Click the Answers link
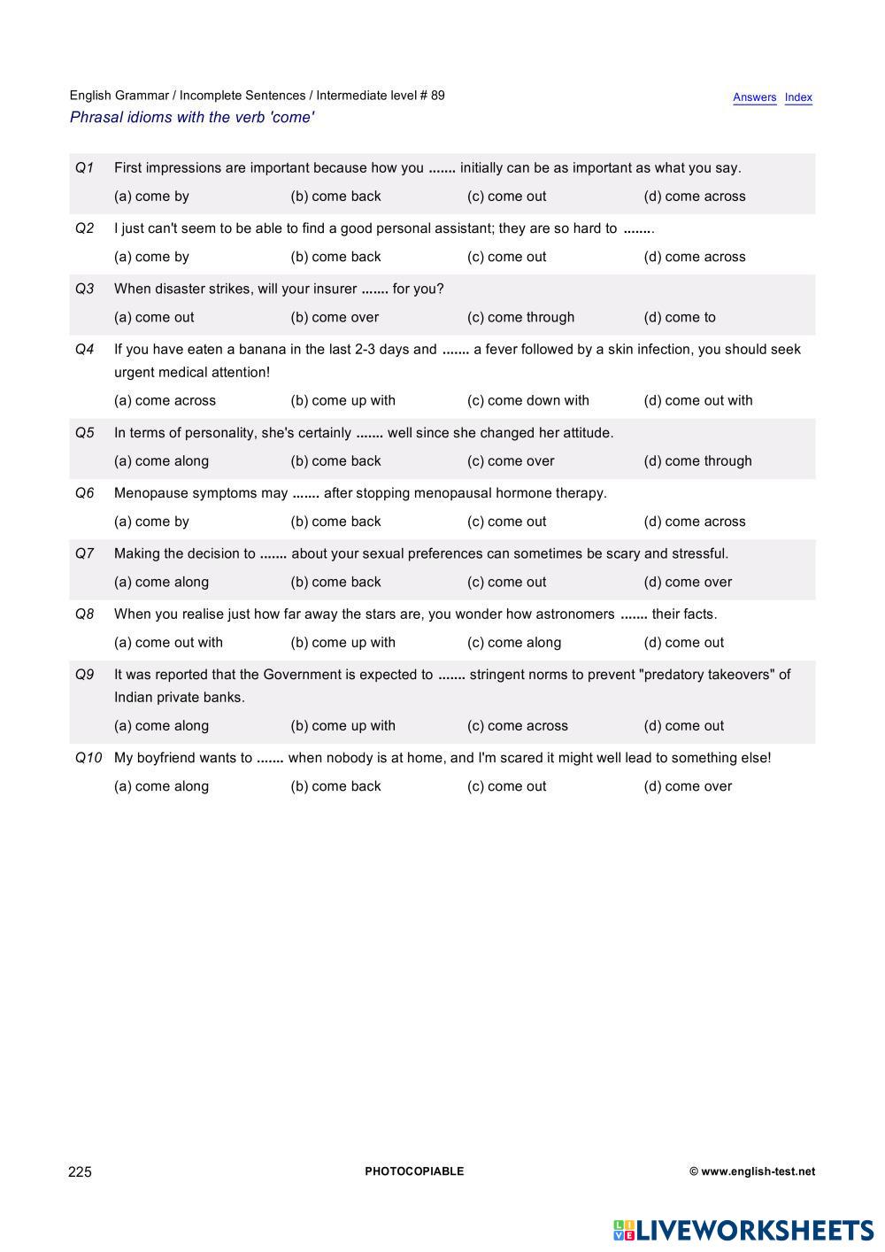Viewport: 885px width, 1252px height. pos(754,97)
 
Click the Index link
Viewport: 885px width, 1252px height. pos(798,97)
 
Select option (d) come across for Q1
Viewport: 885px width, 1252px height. pos(694,197)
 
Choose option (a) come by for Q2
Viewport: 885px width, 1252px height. pos(151,257)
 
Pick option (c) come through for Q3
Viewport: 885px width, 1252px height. pos(520,317)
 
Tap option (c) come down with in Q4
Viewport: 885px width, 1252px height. pos(527,400)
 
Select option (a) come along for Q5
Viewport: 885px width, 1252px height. pos(161,461)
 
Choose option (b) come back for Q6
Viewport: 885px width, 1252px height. pos(335,522)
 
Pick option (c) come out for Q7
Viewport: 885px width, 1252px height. pos(506,582)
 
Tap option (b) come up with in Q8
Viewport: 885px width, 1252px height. pos(342,643)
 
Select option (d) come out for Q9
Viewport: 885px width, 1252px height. pos(683,726)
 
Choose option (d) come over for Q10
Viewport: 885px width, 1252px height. pos(688,786)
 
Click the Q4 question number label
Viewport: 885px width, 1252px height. pos(84,349)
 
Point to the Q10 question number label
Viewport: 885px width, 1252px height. pos(88,758)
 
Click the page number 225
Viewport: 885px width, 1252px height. pos(80,1172)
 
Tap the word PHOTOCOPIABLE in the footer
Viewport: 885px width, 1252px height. pos(414,1171)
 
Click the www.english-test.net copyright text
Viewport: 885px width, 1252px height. pos(752,1171)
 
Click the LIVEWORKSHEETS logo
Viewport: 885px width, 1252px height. pos(743,1230)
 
